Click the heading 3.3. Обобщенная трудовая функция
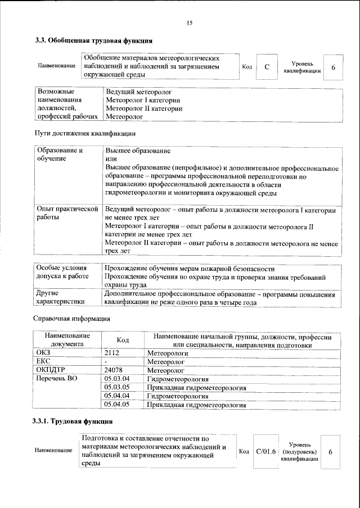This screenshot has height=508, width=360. point(93,40)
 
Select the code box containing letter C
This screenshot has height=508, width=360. point(267,67)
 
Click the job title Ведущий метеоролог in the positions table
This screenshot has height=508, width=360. point(138,91)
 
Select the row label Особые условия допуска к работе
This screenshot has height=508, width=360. point(62,273)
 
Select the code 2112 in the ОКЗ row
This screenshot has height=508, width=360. point(113,353)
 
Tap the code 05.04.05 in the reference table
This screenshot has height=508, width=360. point(118,404)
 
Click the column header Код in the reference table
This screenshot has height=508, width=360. point(122,340)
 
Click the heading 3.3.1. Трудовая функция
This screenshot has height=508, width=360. point(74,421)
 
